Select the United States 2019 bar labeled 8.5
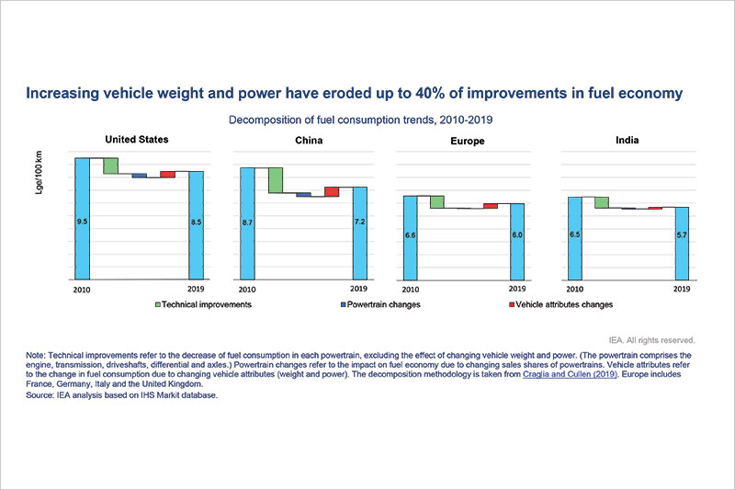196,224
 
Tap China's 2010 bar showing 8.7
246,222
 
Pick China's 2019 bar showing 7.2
359,233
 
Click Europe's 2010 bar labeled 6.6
410,237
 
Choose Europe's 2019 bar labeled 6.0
517,241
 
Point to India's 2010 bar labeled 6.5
574,237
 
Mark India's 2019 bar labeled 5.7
681,243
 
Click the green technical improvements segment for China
275,180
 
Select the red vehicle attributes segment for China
332,191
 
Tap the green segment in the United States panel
110,165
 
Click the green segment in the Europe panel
437,202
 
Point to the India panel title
627,142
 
